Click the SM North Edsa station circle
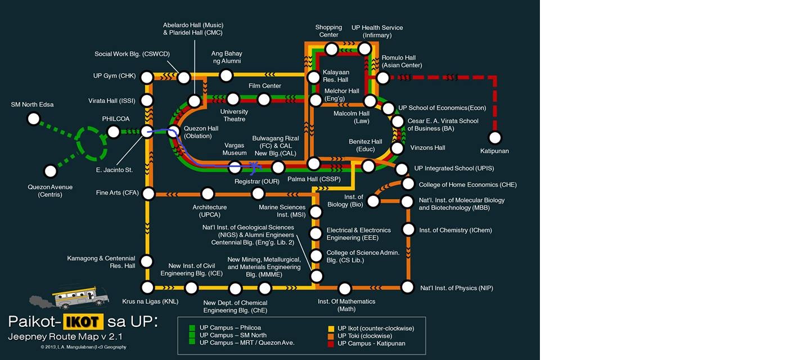34,119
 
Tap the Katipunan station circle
495,137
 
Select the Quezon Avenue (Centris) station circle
51,171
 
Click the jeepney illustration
79,296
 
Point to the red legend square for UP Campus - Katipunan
331,343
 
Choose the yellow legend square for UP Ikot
331,328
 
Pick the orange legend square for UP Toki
331,336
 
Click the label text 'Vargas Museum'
235,149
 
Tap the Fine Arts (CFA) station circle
148,193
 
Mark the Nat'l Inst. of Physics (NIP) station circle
408,287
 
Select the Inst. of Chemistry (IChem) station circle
409,229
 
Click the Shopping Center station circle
332,49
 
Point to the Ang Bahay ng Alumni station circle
226,75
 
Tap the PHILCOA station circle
114,132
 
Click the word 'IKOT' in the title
83,322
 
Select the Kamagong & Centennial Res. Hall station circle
147,261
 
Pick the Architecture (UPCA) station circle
208,194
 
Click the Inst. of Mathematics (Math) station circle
345,289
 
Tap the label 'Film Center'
264,86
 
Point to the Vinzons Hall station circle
397,148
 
